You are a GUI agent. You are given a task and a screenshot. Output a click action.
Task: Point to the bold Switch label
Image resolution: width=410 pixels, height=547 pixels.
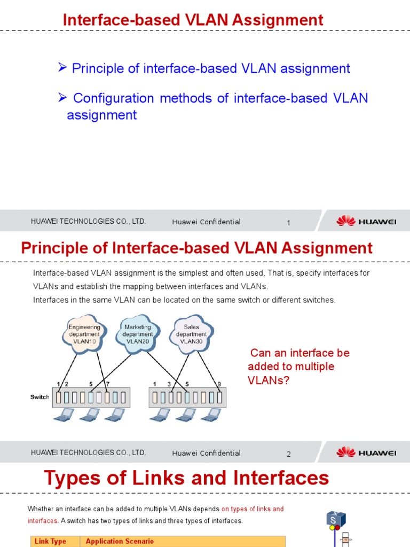40,397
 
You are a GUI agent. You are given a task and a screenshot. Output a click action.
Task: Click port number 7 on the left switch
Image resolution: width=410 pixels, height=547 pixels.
107,384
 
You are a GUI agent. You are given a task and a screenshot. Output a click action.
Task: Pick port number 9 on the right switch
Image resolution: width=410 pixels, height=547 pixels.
219,384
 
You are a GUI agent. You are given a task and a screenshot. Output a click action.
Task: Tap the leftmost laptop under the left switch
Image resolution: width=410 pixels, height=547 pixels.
68,415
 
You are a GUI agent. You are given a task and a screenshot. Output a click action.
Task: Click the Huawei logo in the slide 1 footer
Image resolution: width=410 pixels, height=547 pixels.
366,221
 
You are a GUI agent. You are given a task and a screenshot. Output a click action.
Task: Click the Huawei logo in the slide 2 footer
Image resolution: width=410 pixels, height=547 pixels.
366,452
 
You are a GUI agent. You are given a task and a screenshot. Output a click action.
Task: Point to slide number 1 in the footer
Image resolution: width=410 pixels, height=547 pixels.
288,223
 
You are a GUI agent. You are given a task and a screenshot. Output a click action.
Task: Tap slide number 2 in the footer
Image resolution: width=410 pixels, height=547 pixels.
288,454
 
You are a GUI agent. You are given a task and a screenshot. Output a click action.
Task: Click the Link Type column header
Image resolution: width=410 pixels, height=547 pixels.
50,541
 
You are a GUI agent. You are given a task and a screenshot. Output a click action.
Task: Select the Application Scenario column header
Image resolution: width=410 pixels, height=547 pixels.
120,541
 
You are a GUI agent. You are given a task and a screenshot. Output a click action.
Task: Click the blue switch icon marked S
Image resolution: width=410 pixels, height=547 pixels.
336,519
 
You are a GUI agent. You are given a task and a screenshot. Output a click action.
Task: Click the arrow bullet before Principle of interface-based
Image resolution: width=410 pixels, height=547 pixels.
62,67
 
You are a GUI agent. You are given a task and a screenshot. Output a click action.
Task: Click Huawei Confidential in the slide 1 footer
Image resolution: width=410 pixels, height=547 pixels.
206,222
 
